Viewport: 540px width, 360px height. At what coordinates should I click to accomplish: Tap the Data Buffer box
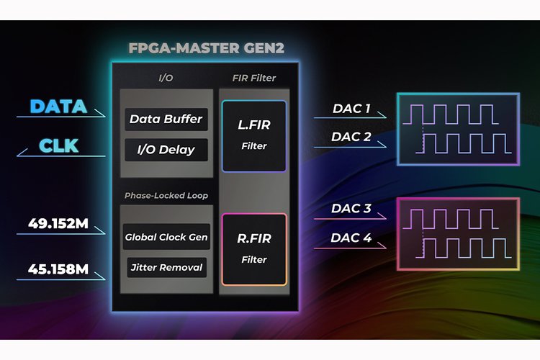tap(166, 120)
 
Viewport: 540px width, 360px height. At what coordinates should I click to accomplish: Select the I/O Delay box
tap(166, 150)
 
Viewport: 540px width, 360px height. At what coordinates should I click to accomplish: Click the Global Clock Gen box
tap(166, 237)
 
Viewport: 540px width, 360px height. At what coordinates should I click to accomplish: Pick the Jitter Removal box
tap(166, 268)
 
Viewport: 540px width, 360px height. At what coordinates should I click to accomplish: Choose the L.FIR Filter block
tap(253, 136)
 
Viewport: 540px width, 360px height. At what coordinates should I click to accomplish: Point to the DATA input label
tap(58, 107)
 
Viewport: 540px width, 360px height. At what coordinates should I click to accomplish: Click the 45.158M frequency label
tap(59, 270)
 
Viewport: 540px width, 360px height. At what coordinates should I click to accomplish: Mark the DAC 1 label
tap(352, 109)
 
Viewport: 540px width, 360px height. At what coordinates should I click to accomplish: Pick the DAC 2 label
tap(352, 137)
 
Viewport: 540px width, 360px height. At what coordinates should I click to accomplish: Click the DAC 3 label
tap(352, 209)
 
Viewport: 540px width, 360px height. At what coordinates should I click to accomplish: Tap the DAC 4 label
tap(352, 238)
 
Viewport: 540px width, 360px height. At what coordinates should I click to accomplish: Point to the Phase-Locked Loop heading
tap(165, 195)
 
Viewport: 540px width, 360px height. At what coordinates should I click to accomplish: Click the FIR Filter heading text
tap(253, 78)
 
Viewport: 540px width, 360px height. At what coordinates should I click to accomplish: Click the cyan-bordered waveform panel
tap(457, 130)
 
